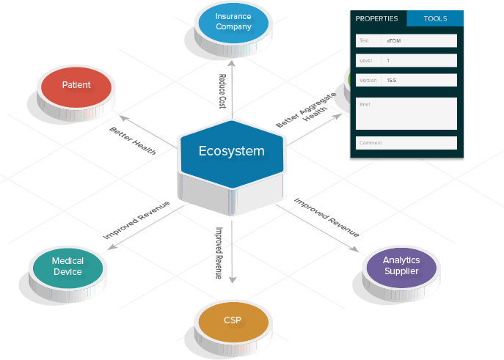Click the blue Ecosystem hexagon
click(x=231, y=152)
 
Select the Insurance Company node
click(x=233, y=22)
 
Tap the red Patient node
click(x=76, y=86)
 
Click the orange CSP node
click(x=232, y=320)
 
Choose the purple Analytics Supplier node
click(x=401, y=266)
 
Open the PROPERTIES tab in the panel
click(x=376, y=18)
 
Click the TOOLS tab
click(x=435, y=18)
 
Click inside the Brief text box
click(x=406, y=114)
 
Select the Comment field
click(x=406, y=142)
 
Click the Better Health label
click(x=133, y=139)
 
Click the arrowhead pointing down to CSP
click(x=232, y=279)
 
